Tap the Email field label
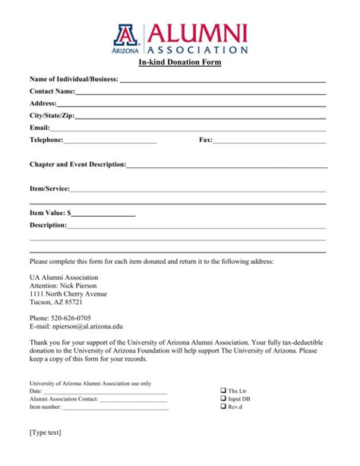(39, 128)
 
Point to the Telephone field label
(46, 140)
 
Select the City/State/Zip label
(52, 116)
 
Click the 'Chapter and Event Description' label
(77, 164)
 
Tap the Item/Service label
(49, 189)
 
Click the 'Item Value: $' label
(50, 214)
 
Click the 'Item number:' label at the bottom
(45, 407)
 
